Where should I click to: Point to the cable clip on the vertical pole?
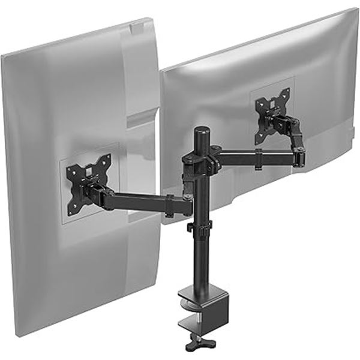(200, 227)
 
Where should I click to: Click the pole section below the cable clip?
(199, 258)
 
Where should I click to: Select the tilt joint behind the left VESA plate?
(96, 193)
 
